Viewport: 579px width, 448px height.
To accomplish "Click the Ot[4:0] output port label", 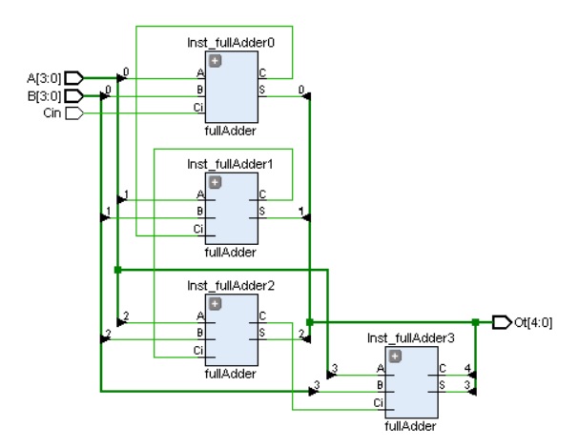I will coord(533,322).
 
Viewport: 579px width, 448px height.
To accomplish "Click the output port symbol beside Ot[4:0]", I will coord(501,322).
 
